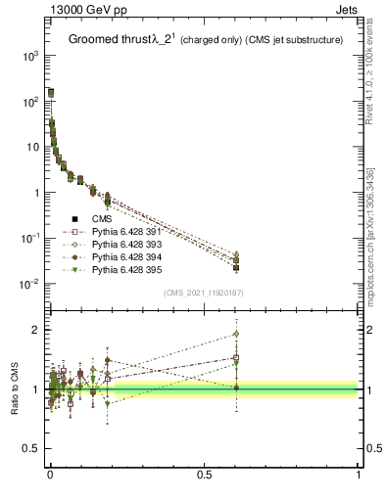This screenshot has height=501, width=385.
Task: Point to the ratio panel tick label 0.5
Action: pos(29,448)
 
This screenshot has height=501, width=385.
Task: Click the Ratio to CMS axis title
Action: pos(15,388)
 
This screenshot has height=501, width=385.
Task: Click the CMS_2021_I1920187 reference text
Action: pos(203,292)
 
